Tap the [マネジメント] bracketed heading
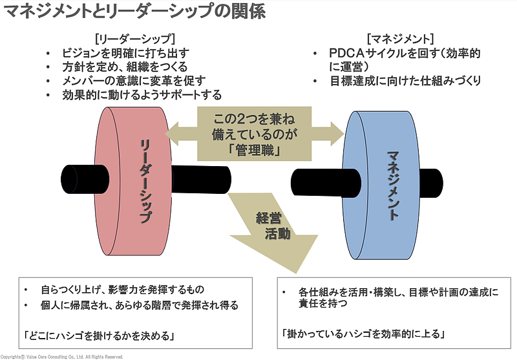(x=400, y=37)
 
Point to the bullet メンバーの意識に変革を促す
(x=134, y=81)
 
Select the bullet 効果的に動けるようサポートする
(x=142, y=95)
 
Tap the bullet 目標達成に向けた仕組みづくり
(x=405, y=81)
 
